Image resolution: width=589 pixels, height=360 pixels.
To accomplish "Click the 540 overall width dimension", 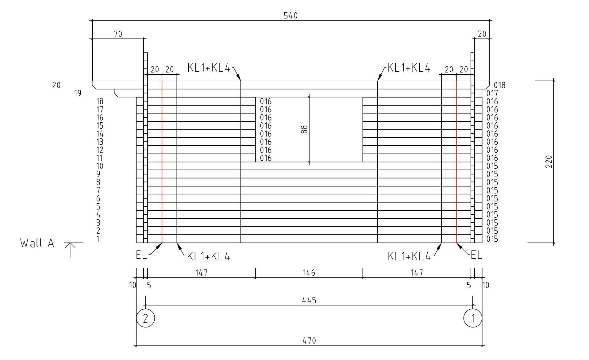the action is [291, 15].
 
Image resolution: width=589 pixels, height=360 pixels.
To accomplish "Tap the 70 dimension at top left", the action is [118, 34].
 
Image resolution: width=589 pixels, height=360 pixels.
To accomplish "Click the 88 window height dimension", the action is [304, 129].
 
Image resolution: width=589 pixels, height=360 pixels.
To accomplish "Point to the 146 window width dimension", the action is [309, 273].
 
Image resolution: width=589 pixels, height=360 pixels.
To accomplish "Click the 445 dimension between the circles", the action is [309, 300].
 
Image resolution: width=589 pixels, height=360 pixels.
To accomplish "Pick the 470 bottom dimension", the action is [309, 341].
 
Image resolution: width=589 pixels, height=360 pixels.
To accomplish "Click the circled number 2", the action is [145, 318].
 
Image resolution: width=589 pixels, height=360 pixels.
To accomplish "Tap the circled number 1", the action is [473, 318].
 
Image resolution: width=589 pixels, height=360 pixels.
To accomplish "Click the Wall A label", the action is [37, 243].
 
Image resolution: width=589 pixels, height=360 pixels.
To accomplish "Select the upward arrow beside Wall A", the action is [70, 250].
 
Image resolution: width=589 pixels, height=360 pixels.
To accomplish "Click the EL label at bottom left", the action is [141, 255].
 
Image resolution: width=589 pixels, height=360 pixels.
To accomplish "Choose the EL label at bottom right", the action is [476, 255].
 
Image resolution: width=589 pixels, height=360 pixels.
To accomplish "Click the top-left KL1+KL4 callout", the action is [209, 68].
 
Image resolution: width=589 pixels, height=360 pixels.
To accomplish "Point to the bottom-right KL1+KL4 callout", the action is [409, 256].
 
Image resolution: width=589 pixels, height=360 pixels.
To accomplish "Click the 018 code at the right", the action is [499, 85].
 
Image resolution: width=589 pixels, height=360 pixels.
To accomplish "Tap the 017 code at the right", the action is [492, 94].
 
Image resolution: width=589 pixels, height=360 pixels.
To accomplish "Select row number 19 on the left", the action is [78, 93].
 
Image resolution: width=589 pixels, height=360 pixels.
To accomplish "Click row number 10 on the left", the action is [100, 166].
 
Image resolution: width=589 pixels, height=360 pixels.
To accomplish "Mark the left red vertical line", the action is [162, 162].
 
